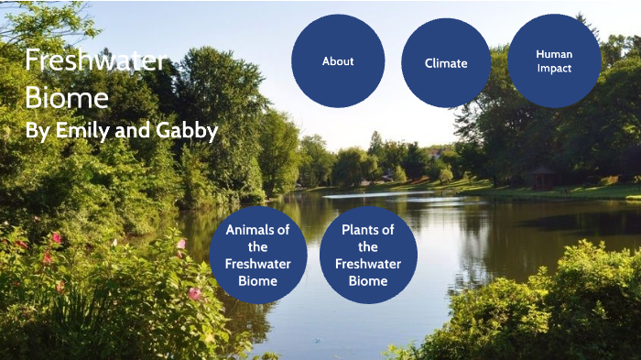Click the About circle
click(x=338, y=60)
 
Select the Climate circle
click(x=446, y=63)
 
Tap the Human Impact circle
click(x=554, y=60)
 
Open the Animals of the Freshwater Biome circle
click(x=258, y=256)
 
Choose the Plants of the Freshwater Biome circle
click(x=368, y=256)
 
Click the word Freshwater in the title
click(x=95, y=61)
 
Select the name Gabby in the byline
click(x=187, y=132)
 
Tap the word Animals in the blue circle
click(x=258, y=230)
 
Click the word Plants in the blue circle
click(x=368, y=230)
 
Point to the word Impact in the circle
click(x=554, y=69)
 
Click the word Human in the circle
click(x=554, y=54)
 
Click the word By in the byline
click(x=37, y=132)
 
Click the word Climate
click(x=446, y=63)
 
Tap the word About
click(x=338, y=61)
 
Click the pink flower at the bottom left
click(x=194, y=293)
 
